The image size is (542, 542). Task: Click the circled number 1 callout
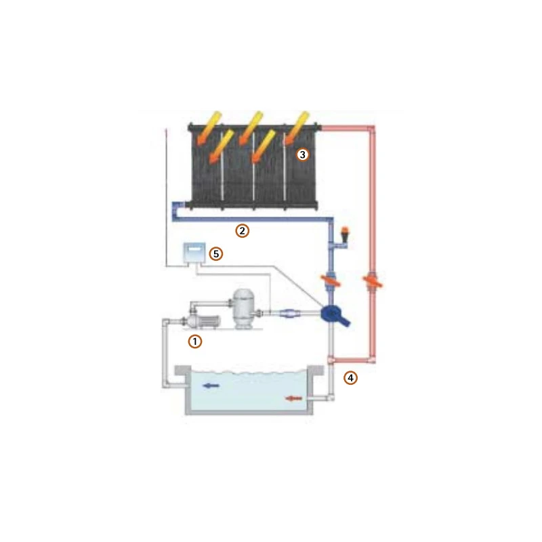click(195, 341)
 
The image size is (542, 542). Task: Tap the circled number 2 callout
click(242, 230)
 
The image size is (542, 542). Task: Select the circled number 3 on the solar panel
click(303, 154)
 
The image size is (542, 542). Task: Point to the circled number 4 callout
click(350, 377)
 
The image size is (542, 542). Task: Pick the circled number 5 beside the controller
click(215, 254)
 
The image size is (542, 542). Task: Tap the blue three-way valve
click(334, 314)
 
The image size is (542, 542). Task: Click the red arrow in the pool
click(293, 398)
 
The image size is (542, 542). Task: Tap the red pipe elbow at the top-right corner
click(371, 128)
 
